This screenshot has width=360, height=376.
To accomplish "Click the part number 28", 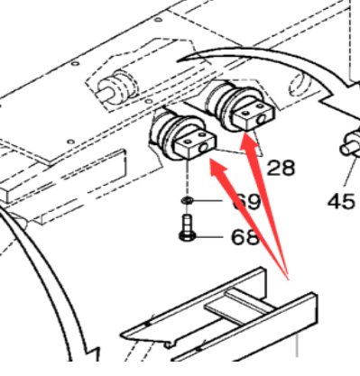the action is (281, 167).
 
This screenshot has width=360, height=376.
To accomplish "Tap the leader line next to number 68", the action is (214, 238).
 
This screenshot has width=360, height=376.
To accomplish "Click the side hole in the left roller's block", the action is (208, 143).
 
